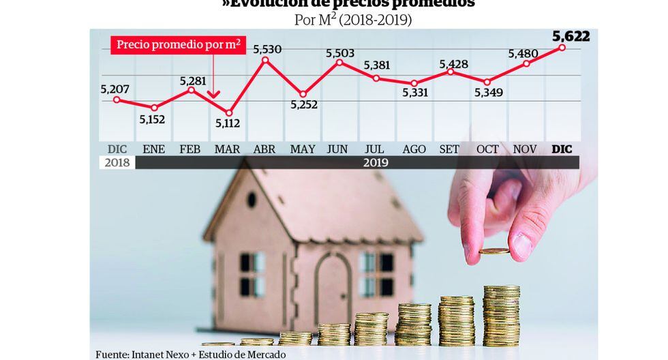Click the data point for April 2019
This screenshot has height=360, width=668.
point(265,60)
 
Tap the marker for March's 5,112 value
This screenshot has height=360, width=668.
point(228,112)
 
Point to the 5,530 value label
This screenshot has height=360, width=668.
point(267,49)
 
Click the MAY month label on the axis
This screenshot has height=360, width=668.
point(302,149)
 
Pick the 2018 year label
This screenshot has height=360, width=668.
point(117,163)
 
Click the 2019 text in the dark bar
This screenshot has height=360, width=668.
point(375,163)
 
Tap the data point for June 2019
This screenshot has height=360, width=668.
point(339,63)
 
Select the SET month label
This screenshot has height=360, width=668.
point(449,149)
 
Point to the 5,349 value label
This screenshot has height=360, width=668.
point(488,92)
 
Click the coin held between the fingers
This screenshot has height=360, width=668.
point(494,252)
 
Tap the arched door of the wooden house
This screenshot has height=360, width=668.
point(332,280)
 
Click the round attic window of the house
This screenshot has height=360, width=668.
point(252,200)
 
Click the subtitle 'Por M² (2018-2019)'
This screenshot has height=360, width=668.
point(352,20)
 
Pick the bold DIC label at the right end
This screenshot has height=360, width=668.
point(562,149)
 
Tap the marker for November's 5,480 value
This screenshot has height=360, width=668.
point(526,64)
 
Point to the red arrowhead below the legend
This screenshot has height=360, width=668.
point(213,97)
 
